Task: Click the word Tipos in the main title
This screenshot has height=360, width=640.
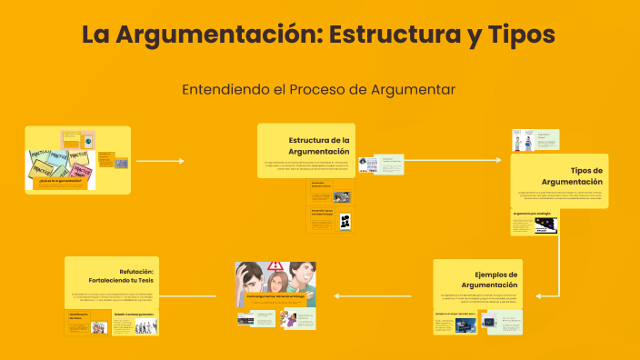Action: pos(515,35)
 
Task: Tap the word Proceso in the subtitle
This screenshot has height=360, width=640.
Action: pos(333,89)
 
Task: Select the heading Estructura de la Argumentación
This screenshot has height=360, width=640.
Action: pos(318,145)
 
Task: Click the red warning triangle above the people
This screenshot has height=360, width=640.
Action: pos(275,266)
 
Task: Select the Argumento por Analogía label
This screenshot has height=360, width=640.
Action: pos(533,214)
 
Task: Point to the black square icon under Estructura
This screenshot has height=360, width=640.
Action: pos(345,221)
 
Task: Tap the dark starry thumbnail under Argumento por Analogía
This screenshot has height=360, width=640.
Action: pos(545,229)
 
